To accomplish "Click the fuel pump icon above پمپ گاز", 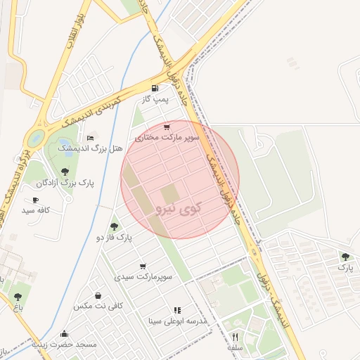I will pyautogui.click(x=155, y=89).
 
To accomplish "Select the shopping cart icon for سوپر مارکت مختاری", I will pyautogui.click(x=166, y=127).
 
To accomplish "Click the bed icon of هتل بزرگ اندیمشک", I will pyautogui.click(x=89, y=137).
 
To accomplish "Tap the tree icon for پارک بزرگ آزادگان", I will pyautogui.click(x=65, y=171).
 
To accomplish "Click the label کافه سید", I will pyautogui.click(x=37, y=210).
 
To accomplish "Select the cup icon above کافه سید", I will pyautogui.click(x=35, y=200).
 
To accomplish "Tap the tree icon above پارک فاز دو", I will pyautogui.click(x=114, y=226).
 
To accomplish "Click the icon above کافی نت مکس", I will pyautogui.click(x=97, y=295).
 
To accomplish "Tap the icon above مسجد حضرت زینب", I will pyautogui.click(x=65, y=334).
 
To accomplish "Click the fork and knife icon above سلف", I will pyautogui.click(x=235, y=337).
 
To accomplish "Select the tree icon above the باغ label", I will pyautogui.click(x=18, y=297).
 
